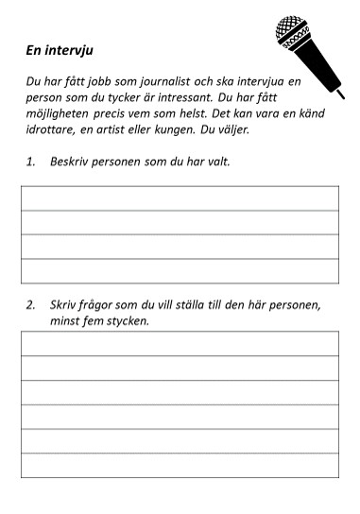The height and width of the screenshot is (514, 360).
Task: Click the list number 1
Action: tap(30, 162)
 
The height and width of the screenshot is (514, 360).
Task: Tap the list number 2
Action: tap(30, 304)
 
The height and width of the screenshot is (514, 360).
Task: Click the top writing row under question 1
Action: tap(180, 198)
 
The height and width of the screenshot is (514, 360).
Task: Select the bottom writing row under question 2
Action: tap(180, 466)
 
